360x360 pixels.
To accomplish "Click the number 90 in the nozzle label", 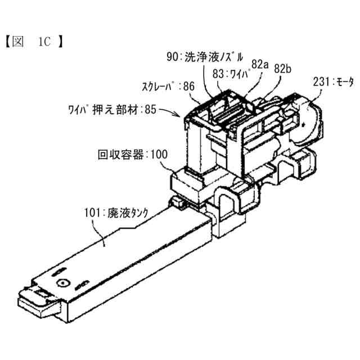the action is point(172,56).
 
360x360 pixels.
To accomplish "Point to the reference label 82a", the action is point(259,65).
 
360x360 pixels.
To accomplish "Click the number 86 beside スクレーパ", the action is point(188,87).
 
